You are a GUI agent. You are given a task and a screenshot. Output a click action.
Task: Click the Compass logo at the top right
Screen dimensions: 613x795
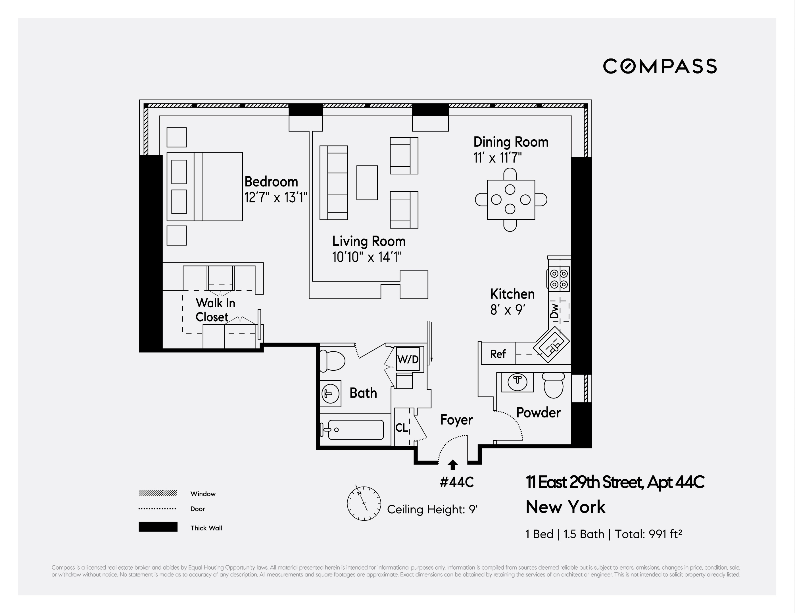point(660,66)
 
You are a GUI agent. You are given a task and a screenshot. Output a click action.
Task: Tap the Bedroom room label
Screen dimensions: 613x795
point(271,182)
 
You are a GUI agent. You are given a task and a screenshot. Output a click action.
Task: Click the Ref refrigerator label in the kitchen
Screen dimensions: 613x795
point(498,354)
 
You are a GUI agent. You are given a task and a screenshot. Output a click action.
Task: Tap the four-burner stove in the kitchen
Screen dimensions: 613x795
point(559,279)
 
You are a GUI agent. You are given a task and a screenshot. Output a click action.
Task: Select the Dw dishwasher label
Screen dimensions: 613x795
point(555,311)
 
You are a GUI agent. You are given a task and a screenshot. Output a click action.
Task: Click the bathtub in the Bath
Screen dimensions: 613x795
point(356,430)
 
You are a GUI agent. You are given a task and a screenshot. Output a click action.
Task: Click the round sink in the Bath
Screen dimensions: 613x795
point(331,393)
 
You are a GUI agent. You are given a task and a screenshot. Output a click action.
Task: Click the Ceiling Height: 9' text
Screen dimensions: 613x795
point(432,509)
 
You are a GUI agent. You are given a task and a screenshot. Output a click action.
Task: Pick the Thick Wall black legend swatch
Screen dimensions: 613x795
point(158,527)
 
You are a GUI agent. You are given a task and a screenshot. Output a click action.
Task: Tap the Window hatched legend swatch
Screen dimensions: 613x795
point(158,493)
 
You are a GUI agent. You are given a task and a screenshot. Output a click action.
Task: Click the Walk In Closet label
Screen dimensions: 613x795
point(215,310)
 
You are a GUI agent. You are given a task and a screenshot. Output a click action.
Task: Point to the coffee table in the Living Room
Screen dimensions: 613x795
point(367,183)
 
